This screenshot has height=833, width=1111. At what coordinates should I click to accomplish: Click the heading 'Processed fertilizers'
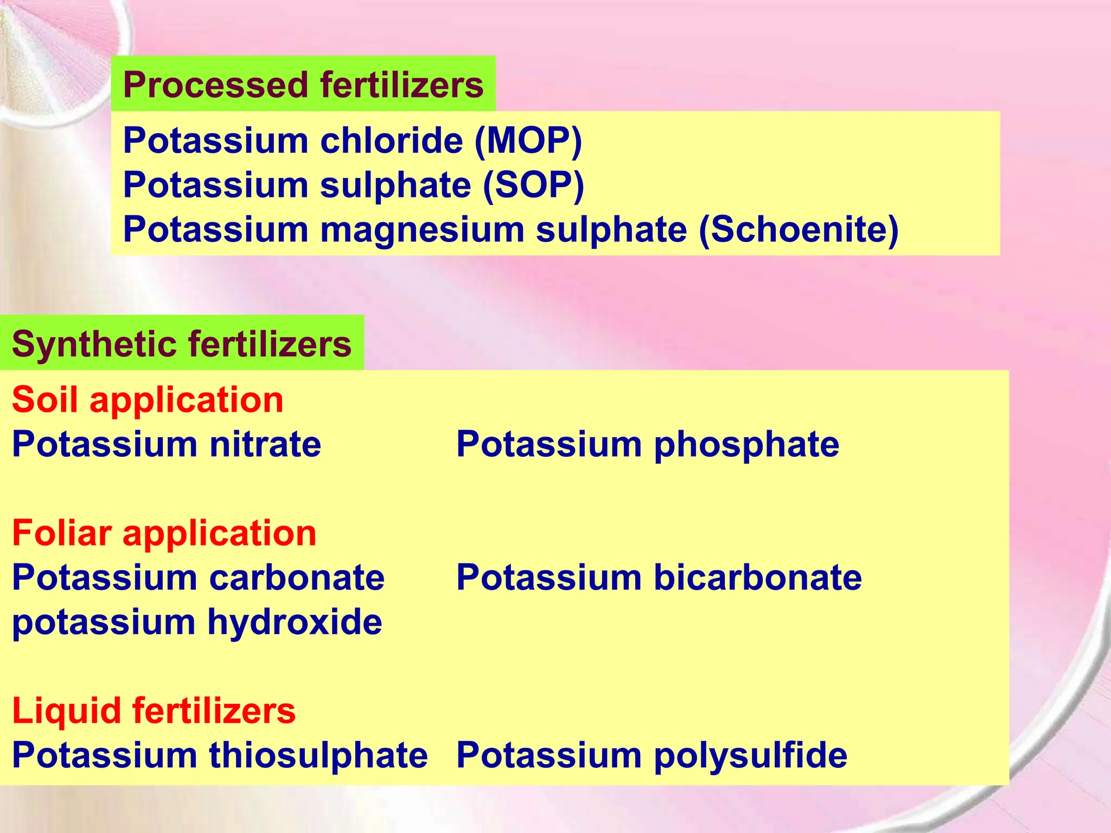tap(303, 85)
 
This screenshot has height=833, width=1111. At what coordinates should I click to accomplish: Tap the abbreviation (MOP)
tap(528, 141)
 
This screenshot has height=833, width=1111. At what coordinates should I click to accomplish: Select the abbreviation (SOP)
tap(533, 185)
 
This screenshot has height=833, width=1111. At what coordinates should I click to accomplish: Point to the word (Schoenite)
tap(799, 230)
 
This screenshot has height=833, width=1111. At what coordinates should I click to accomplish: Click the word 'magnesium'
tap(422, 230)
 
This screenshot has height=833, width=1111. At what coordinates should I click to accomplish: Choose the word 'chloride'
tap(391, 141)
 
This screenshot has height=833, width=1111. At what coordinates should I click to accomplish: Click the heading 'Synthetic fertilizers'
tap(181, 344)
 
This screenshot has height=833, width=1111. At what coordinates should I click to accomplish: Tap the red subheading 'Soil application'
tap(148, 400)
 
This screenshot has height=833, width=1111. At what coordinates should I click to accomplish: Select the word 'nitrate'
tap(265, 445)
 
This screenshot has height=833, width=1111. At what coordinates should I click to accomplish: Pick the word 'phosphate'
tap(746, 445)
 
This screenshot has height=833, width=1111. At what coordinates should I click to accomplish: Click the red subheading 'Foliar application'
tap(164, 533)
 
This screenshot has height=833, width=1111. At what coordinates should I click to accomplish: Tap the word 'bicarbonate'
tap(757, 578)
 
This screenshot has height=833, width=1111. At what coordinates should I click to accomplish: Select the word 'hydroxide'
tap(295, 622)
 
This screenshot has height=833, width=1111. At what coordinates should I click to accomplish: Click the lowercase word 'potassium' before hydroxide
tap(104, 623)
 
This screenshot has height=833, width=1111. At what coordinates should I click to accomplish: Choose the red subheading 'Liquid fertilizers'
tap(154, 711)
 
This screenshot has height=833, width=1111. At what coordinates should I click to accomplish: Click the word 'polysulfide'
tap(750, 755)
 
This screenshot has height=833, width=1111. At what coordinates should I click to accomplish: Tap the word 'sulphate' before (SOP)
tap(395, 185)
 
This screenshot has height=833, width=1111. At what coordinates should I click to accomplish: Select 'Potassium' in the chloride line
tap(216, 141)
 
